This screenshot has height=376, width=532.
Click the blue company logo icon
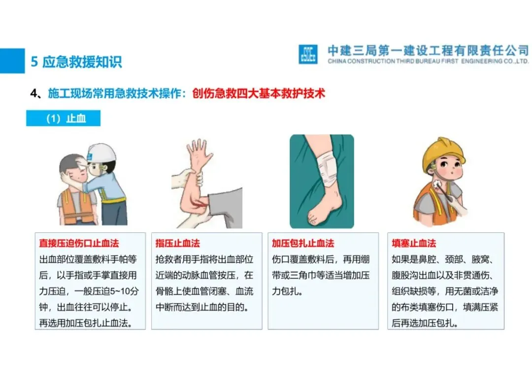[308, 54]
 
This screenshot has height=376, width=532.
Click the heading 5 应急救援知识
[76, 62]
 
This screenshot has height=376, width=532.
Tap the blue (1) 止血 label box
[63, 118]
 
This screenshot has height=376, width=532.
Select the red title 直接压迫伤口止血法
[79, 243]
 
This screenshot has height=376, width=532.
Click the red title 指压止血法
[178, 243]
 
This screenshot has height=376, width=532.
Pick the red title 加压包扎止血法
[303, 243]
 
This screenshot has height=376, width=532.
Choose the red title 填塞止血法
[414, 243]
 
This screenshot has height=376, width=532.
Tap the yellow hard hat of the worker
[443, 151]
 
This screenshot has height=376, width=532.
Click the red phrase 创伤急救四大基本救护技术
[259, 93]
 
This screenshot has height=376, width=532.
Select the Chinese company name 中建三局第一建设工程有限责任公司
[428, 51]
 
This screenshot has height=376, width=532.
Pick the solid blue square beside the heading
[12, 61]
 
